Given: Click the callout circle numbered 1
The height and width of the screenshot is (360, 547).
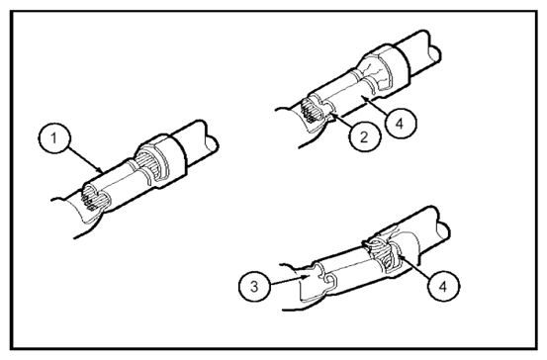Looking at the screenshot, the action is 53,138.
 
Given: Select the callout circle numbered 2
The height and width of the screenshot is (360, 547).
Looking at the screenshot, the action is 364,136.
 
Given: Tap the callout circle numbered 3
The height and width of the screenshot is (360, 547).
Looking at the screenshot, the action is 254,287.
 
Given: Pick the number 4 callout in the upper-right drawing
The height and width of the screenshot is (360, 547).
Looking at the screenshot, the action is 401,123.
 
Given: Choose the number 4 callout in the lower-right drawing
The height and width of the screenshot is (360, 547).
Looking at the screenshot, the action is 443,286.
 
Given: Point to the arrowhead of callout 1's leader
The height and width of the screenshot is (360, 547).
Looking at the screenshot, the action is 100,171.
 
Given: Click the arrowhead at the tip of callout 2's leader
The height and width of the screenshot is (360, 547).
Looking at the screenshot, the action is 331,114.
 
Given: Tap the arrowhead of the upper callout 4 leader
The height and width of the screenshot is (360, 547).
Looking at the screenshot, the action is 365,99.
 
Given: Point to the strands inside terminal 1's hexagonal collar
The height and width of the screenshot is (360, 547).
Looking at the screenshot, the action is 149,161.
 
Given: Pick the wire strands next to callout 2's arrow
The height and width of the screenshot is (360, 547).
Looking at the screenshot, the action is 309,112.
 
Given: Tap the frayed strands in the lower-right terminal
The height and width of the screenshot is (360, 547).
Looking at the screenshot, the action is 384,253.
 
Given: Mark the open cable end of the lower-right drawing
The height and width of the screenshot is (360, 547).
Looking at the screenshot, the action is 443,230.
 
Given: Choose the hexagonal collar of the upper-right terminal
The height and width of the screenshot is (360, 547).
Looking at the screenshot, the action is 386,68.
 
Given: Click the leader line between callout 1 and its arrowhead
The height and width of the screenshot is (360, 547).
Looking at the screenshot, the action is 84,159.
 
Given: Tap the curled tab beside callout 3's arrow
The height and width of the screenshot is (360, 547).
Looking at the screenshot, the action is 330,280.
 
